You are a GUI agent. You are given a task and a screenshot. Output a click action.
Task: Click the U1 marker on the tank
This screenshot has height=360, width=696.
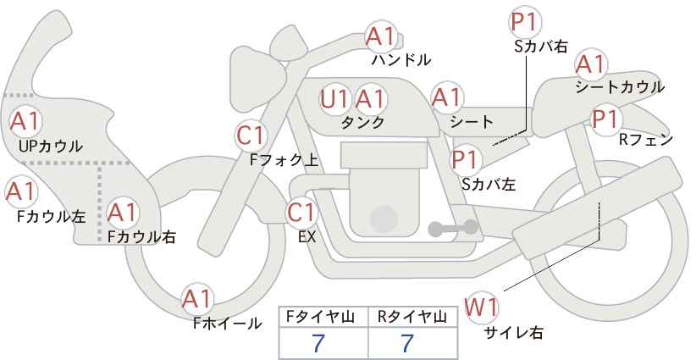click(334, 99)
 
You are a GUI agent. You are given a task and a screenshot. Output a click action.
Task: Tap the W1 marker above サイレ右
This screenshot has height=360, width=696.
click(481, 307)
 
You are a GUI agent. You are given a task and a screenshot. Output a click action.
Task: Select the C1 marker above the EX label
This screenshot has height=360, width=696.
click(301, 213)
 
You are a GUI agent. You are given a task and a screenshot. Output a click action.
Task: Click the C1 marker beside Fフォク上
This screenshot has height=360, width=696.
click(251, 136)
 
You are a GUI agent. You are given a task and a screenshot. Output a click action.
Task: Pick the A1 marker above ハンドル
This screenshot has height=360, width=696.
click(381, 36)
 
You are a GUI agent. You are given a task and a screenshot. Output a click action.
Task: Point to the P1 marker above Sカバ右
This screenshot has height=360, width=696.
click(526, 23)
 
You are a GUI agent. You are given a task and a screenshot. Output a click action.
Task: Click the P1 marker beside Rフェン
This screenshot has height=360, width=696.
click(607, 119)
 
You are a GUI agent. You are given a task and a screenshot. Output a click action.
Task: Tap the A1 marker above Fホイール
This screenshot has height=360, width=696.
click(197, 300)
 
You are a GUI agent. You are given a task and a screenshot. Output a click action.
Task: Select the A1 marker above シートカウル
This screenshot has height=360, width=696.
click(591, 65)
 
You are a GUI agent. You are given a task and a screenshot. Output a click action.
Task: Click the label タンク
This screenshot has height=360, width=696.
click(362, 123)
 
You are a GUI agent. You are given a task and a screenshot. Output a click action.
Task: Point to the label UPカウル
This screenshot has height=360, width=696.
click(51, 146)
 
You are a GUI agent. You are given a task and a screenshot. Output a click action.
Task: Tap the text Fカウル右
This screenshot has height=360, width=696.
click(141, 237)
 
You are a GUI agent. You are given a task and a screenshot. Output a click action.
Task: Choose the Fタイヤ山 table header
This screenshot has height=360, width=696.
click(320, 317)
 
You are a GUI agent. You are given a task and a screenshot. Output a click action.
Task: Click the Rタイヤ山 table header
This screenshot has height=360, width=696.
click(412, 317)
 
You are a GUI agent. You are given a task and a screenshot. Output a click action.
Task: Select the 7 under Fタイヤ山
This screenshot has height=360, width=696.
click(318, 343)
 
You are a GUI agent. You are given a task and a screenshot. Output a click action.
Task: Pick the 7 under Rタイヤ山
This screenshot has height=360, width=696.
click(407, 343)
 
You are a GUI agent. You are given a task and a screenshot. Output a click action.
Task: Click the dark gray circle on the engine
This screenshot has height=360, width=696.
click(383, 219)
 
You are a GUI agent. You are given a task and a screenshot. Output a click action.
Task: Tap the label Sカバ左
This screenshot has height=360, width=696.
click(489, 184)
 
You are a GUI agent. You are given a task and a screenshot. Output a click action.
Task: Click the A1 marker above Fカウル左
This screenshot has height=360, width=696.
click(20, 192)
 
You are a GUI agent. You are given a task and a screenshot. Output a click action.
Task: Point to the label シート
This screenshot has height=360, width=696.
click(472, 122)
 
